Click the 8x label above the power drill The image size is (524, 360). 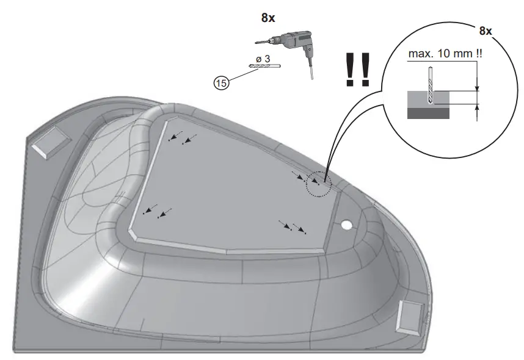point(268,18)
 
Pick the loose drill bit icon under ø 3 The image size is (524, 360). point(263,65)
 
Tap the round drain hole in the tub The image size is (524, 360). point(347,224)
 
